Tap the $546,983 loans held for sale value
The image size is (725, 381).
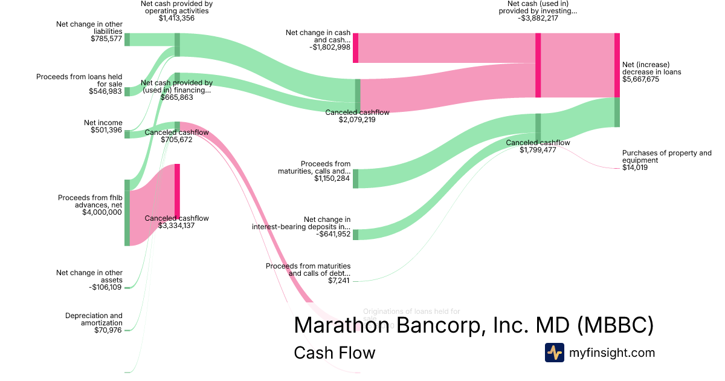tap(106, 91)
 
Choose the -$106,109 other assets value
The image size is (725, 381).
tap(105, 287)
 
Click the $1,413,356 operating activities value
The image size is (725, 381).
tap(176, 18)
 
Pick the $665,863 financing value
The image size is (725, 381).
tap(176, 97)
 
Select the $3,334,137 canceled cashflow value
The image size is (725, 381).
tap(176, 225)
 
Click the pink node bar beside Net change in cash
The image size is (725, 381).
tap(356, 48)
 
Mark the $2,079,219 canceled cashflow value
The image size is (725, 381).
tap(357, 120)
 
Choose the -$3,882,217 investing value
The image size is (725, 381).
tap(537, 18)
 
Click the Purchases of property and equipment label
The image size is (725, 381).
tap(666, 157)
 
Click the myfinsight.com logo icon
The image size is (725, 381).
tap(555, 353)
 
